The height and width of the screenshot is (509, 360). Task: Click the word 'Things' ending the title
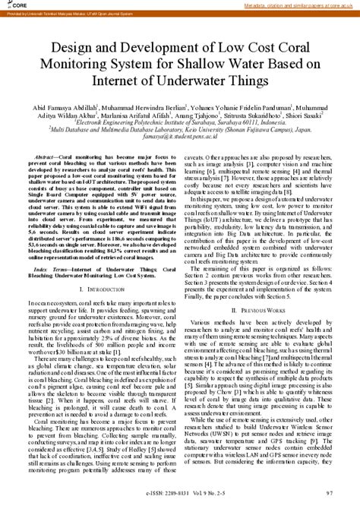[245, 79]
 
